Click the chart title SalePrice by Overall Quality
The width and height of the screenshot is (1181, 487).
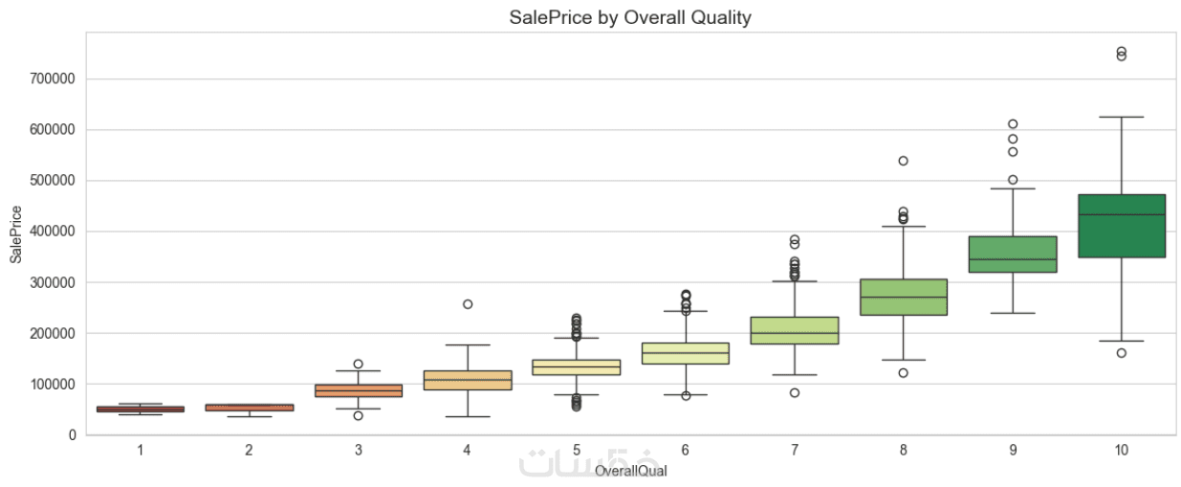(630, 17)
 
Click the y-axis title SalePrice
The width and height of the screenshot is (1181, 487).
(15, 234)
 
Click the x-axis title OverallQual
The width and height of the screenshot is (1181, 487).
(630, 472)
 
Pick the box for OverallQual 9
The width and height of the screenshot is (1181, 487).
(1013, 255)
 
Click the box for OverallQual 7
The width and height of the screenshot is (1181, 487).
(795, 330)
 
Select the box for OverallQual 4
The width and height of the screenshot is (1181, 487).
(468, 380)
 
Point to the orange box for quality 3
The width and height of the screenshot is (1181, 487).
(359, 390)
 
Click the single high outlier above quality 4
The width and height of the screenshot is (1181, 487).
(468, 304)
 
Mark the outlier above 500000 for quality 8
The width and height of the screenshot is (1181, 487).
(904, 161)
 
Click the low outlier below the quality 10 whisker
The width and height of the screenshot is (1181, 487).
(1122, 353)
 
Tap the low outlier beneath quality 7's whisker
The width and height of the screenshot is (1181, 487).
(795, 392)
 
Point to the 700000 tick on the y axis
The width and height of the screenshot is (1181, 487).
(55, 79)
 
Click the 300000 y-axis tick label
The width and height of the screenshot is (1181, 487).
(55, 283)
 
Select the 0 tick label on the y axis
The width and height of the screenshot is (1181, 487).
(73, 435)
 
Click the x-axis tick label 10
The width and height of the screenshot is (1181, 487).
(1122, 450)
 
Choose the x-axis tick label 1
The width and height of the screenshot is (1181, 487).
(141, 450)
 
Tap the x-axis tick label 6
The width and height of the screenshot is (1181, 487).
(686, 450)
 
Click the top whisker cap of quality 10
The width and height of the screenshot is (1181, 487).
(1122, 117)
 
